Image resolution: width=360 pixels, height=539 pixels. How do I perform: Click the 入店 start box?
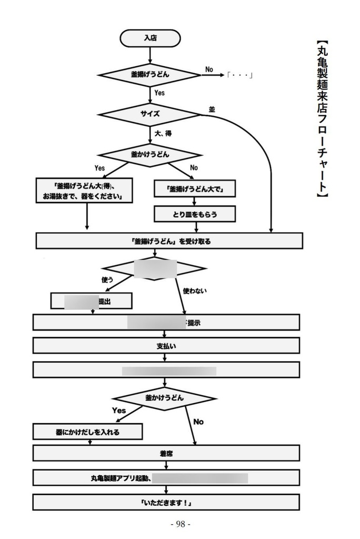click(150, 38)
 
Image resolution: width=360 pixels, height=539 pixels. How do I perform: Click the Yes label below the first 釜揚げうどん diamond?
click(159, 93)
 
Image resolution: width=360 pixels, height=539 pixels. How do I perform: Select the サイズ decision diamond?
click(150, 114)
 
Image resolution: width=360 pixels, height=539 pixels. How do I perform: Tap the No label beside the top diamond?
click(209, 69)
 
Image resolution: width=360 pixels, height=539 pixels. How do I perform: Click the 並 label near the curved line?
click(212, 109)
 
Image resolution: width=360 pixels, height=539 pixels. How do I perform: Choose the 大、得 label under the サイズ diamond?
click(163, 133)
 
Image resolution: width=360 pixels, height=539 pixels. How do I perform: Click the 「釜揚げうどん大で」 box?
click(194, 189)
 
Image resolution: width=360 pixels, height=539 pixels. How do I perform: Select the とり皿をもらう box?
click(194, 214)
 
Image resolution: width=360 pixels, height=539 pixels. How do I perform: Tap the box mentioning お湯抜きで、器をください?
click(84, 190)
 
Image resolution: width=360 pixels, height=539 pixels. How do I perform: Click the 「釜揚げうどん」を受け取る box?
click(169, 241)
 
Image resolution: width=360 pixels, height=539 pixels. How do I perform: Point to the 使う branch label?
click(107, 280)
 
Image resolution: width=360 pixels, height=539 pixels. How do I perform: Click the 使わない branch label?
click(194, 290)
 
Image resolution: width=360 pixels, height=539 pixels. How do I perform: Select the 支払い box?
click(166, 345)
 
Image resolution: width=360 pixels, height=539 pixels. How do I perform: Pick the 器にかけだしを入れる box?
click(87, 432)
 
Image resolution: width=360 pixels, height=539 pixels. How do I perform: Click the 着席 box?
click(166, 453)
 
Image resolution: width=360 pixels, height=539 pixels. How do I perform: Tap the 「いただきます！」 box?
click(166, 503)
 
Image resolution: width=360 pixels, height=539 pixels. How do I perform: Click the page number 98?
click(180, 524)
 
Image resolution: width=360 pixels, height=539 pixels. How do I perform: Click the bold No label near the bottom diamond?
click(198, 422)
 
